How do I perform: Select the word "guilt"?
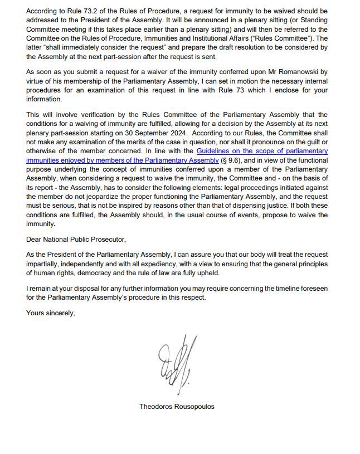(x=314, y=141)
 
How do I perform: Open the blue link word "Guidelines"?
(x=215, y=151)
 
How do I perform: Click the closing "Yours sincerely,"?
(x=50, y=313)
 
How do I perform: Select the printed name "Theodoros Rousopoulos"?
(x=177, y=407)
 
